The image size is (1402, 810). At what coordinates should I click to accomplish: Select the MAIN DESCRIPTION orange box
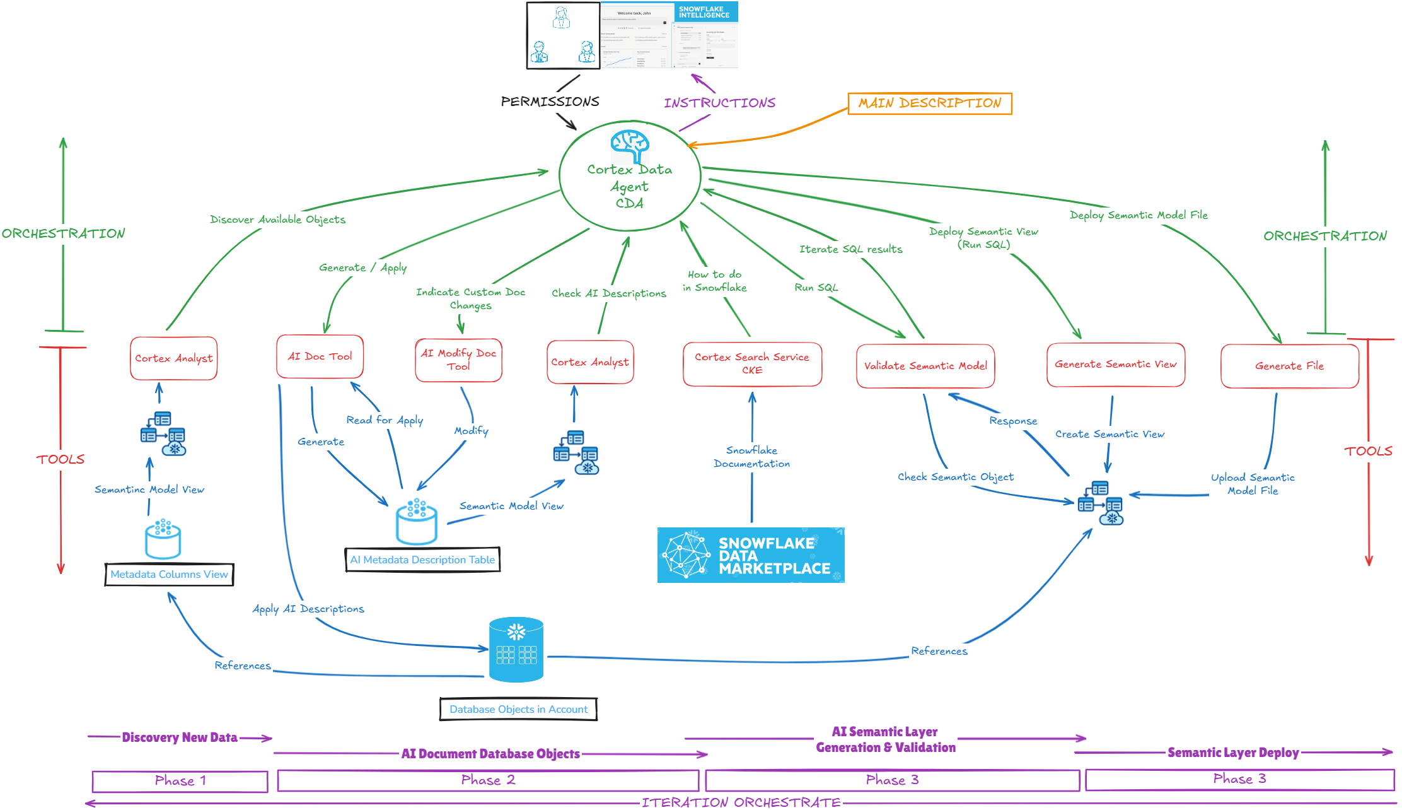[930, 103]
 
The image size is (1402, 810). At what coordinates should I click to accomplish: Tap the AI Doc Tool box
[320, 356]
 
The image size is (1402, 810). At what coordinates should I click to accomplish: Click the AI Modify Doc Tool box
[458, 360]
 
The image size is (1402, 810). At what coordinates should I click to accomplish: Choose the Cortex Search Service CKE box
[752, 364]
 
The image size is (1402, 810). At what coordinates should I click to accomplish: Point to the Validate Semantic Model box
[925, 366]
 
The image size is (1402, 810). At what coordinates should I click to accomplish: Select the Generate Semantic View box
[1115, 365]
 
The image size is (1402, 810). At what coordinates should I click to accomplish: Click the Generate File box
[1289, 366]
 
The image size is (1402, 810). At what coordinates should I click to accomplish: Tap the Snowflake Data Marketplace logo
[750, 555]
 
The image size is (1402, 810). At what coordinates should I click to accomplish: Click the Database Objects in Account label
[518, 709]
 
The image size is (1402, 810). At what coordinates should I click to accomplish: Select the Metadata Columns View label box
[169, 575]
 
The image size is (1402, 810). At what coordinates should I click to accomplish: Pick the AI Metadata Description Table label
[422, 560]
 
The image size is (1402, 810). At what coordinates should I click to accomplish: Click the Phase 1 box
[180, 781]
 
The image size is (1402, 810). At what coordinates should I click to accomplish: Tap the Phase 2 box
[488, 780]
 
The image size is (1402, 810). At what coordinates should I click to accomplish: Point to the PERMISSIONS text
[550, 102]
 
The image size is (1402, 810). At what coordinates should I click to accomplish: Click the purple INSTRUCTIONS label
[719, 103]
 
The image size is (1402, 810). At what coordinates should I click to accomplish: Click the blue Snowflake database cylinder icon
[516, 650]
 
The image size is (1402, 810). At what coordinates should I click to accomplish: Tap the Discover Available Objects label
[277, 220]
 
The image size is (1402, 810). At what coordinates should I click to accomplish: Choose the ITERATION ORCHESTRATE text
[741, 802]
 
